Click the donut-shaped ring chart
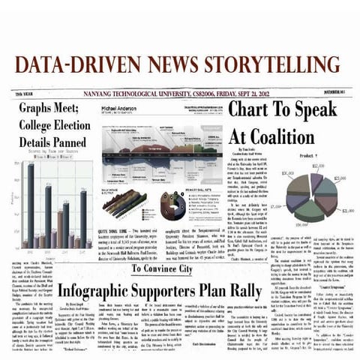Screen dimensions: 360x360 (x=172, y=202)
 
